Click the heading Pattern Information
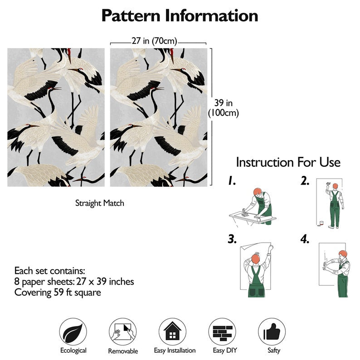pyautogui.click(x=180, y=15)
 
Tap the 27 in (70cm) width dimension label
pyautogui.click(x=154, y=41)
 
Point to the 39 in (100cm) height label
pyautogui.click(x=224, y=108)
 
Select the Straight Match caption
pyautogui.click(x=100, y=203)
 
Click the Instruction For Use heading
pyautogui.click(x=288, y=162)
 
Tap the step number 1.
pyautogui.click(x=232, y=181)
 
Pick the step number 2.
pyautogui.click(x=305, y=181)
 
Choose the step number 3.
pyautogui.click(x=232, y=239)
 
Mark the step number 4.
pyautogui.click(x=305, y=239)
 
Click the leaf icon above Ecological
pyautogui.click(x=73, y=332)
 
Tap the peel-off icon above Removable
pyautogui.click(x=122, y=332)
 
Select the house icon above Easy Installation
pyautogui.click(x=172, y=332)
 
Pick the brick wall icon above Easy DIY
pyautogui.click(x=222, y=332)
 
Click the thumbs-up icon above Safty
pyautogui.click(x=272, y=332)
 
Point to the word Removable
pyautogui.click(x=123, y=351)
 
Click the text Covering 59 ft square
pyautogui.click(x=58, y=293)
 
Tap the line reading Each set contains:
pyautogui.click(x=49, y=271)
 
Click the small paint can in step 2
pyautogui.click(x=321, y=223)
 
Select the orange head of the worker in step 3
pyautogui.click(x=256, y=259)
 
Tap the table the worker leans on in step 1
pyautogui.click(x=253, y=218)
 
